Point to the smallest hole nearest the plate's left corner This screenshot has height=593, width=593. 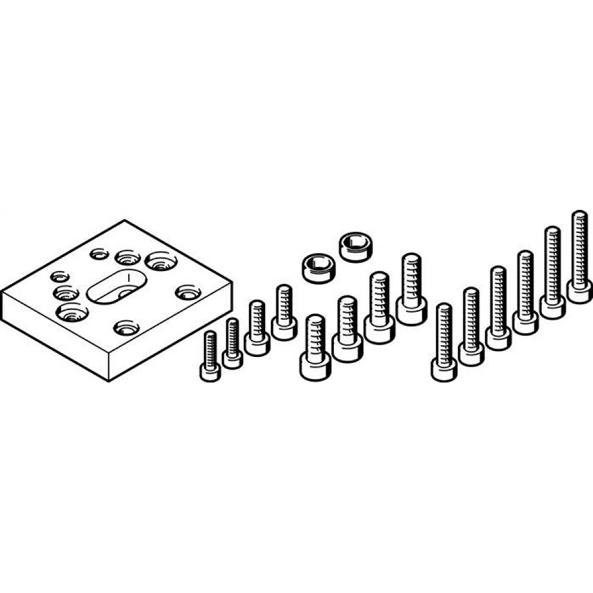click(60, 276)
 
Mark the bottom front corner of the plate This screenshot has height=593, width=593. click(109, 380)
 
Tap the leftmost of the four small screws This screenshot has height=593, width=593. click(210, 356)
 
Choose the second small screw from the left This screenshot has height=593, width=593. click(232, 344)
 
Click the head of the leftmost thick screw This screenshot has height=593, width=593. click(314, 368)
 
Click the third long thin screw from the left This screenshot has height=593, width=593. click(498, 308)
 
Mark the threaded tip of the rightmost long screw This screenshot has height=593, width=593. click(579, 216)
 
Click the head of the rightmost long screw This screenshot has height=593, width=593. click(579, 291)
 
